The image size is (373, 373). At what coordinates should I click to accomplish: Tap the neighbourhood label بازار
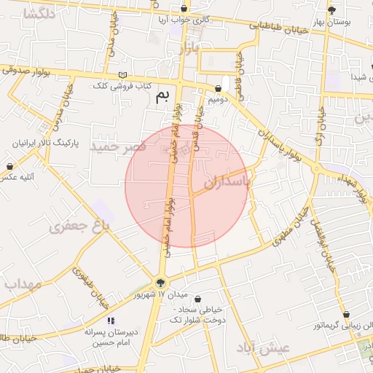pos(187,50)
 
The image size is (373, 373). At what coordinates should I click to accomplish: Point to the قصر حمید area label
pos(118,146)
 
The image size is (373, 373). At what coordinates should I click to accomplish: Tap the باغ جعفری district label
pos(79,227)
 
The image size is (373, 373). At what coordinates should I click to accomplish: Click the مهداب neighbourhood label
pos(21,284)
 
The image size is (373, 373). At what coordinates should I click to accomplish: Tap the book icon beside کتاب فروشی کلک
pos(122,75)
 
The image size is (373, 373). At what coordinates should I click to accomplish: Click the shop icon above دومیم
pos(219,87)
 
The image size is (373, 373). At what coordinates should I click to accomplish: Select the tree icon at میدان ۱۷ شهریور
pos(161,283)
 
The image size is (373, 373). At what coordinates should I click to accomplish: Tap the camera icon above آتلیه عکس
pos(9,167)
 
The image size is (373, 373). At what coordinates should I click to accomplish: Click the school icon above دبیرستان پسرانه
pos(111,320)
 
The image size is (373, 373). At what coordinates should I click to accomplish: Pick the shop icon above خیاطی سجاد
pos(197,299)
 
